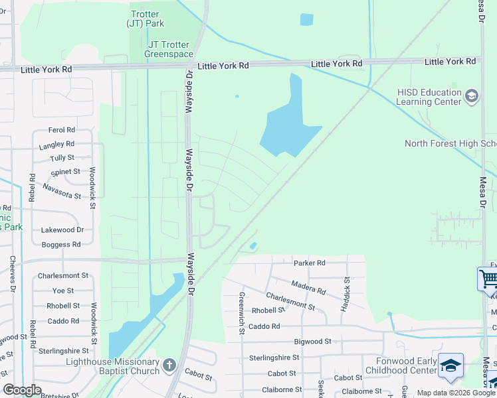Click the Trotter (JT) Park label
(145, 19)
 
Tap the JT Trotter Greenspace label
(169, 49)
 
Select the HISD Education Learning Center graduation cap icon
(472, 97)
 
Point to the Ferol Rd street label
(62, 130)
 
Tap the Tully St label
(62, 158)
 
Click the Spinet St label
(65, 172)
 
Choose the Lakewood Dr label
(62, 230)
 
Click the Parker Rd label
(309, 263)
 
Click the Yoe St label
(63, 291)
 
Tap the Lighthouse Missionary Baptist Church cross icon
(169, 365)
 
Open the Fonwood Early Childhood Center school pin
(451, 365)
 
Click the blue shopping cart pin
(488, 279)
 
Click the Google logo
(23, 390)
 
